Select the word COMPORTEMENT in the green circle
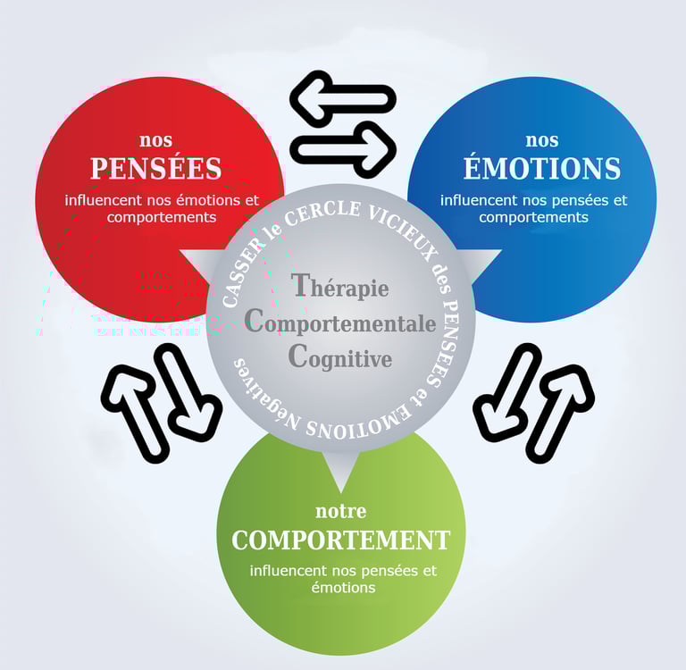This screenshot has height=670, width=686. coord(340,540)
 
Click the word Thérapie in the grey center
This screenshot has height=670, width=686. coord(340,287)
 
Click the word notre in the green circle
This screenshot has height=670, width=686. coord(340,512)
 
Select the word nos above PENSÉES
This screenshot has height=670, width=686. coord(155,140)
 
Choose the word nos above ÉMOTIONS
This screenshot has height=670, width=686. coord(541,140)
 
